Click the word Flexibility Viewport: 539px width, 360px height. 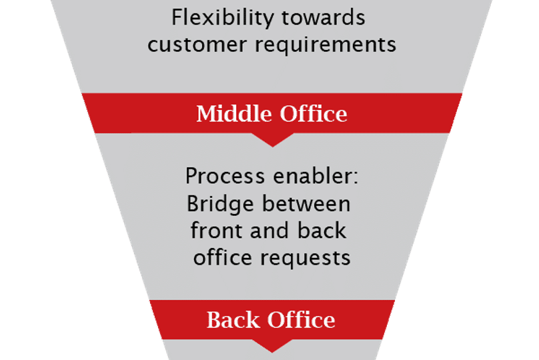pyautogui.click(x=222, y=18)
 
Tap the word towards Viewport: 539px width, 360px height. pyautogui.click(x=323, y=17)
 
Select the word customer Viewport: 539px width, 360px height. pyautogui.click(x=197, y=45)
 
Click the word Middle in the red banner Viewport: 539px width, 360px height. pyautogui.click(x=233, y=113)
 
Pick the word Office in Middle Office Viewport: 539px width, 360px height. pyautogui.click(x=313, y=113)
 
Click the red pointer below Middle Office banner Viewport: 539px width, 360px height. pyautogui.click(x=272, y=140)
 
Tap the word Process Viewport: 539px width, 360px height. pyautogui.click(x=225, y=176)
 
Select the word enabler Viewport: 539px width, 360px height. pyautogui.click(x=312, y=175)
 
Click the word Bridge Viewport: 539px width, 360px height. pyautogui.click(x=220, y=205)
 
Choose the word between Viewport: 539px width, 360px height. pyautogui.click(x=306, y=204)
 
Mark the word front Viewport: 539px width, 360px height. pyautogui.click(x=216, y=231)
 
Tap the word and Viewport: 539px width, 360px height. pyautogui.click(x=269, y=231)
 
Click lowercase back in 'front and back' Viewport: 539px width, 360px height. pyautogui.click(x=322, y=231)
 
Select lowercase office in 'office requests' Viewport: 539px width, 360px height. pyautogui.click(x=222, y=257)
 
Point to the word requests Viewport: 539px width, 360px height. pyautogui.click(x=306, y=258)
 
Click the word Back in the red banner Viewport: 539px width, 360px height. pyautogui.click(x=233, y=320)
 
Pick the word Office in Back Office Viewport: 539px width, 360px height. pyautogui.click(x=301, y=320)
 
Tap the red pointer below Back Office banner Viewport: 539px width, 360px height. pyautogui.click(x=272, y=346)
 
